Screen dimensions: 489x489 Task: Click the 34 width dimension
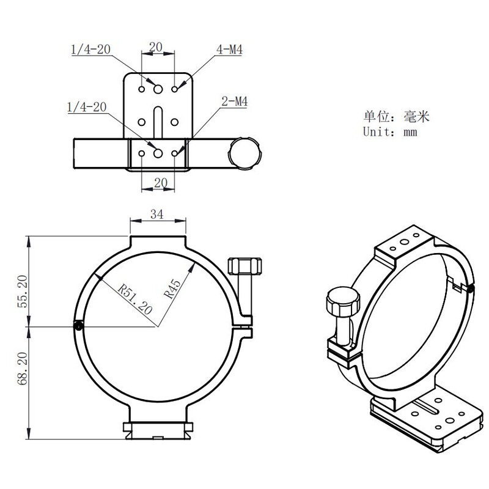(x=157, y=214)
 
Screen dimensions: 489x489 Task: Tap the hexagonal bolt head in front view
(x=244, y=267)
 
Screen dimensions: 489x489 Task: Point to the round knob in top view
(x=244, y=152)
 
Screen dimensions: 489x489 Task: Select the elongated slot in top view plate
(x=158, y=119)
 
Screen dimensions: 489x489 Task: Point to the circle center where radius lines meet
(x=157, y=327)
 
